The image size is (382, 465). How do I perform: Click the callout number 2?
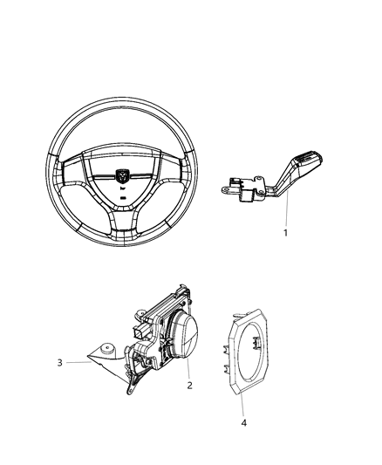tap(188, 385)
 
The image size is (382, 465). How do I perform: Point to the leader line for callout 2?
tap(185, 366)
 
